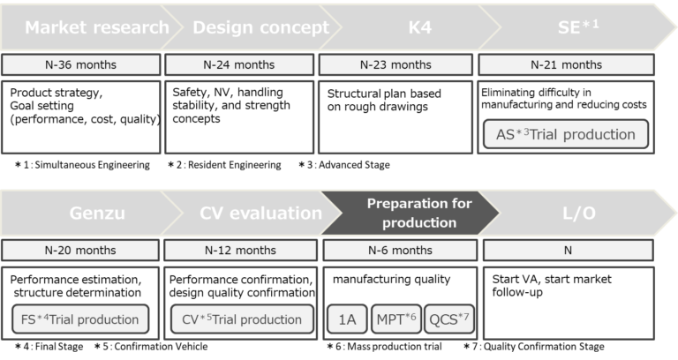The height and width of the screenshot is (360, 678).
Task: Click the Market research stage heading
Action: pyautogui.click(x=96, y=26)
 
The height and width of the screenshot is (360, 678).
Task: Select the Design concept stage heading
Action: pyautogui.click(x=260, y=26)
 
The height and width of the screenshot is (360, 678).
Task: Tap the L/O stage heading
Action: pyautogui.click(x=577, y=213)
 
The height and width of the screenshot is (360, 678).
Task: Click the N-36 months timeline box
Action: pyautogui.click(x=82, y=64)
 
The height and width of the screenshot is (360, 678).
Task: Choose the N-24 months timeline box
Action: pyautogui.click(x=241, y=64)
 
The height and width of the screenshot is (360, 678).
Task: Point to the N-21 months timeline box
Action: pyautogui.click(x=566, y=64)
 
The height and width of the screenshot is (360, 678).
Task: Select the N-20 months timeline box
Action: pyautogui.click(x=82, y=250)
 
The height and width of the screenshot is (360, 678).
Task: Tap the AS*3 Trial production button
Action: pyautogui.click(x=565, y=134)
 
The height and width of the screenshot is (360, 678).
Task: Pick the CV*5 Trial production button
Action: pyautogui.click(x=241, y=319)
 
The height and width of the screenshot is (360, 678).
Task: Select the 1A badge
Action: pyautogui.click(x=347, y=319)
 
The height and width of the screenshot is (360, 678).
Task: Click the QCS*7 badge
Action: pyautogui.click(x=448, y=319)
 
